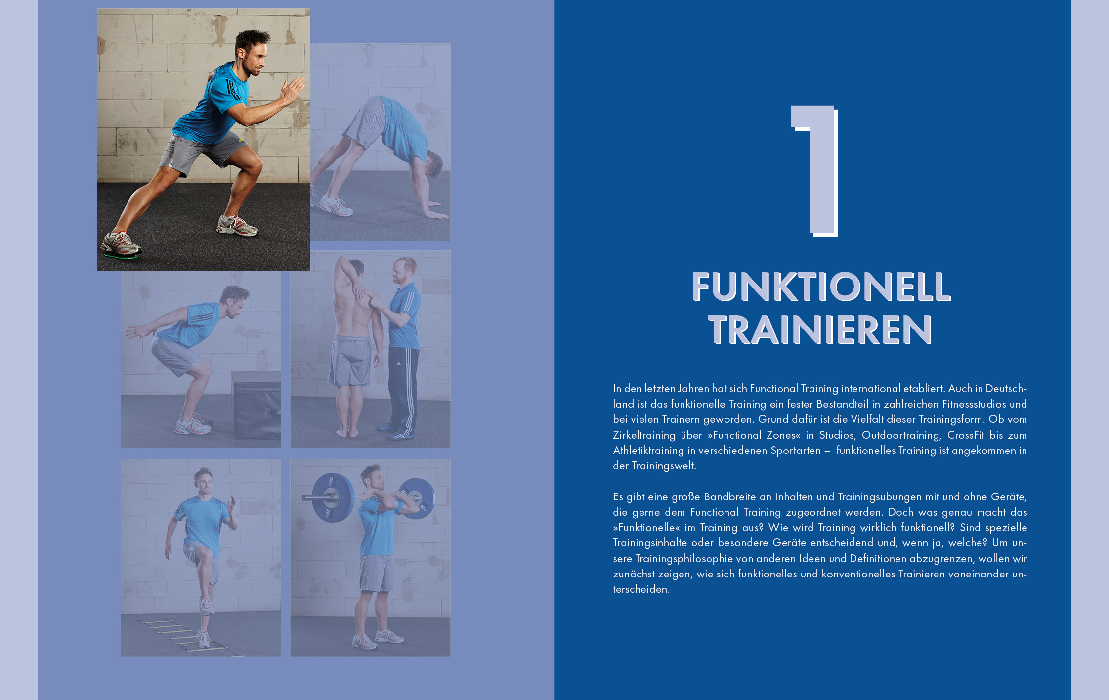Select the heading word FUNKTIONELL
pos(821,287)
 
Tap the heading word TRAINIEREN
pos(820,329)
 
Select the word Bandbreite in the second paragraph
pos(730,496)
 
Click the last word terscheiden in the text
pos(641,589)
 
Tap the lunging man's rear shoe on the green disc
pos(121,245)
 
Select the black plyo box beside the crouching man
pos(256,404)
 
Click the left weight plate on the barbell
pos(333,497)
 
